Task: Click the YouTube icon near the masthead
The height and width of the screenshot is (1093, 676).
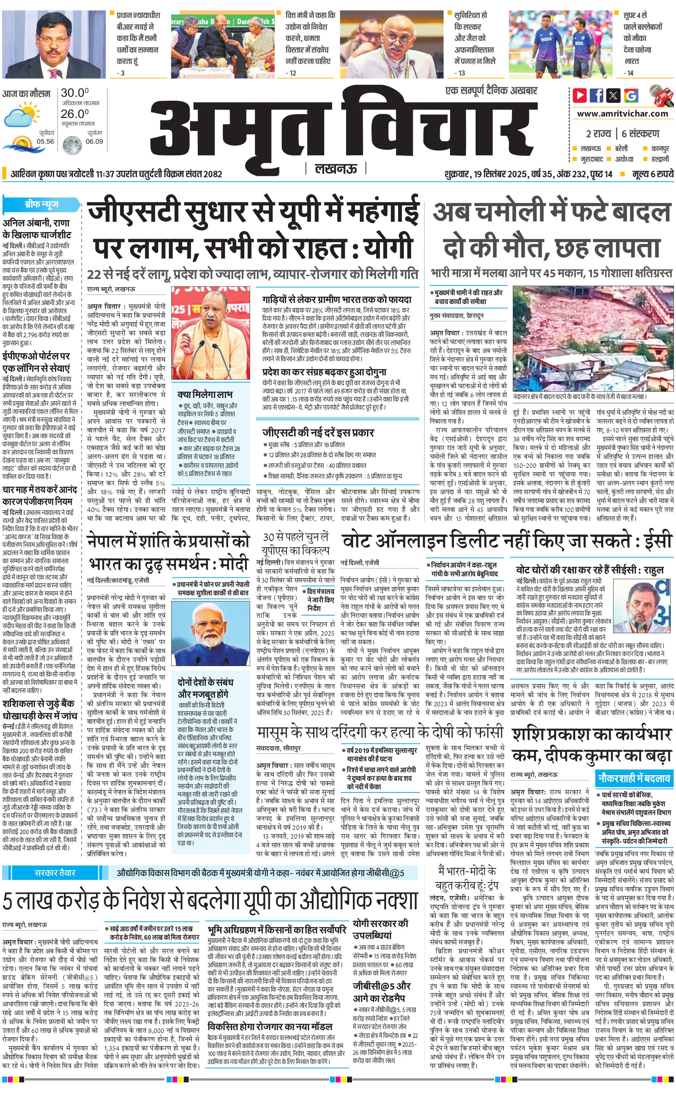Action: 580,95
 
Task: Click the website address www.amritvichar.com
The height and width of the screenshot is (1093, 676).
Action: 622,114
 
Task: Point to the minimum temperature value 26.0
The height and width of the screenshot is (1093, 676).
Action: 75,114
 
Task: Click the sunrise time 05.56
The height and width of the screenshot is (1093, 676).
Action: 45,141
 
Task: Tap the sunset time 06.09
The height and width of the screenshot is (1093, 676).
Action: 94,141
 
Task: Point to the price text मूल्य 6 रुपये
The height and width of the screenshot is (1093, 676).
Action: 652,174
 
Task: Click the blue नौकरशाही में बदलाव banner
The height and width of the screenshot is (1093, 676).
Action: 634,779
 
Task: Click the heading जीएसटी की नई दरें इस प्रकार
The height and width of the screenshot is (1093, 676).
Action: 318,432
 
